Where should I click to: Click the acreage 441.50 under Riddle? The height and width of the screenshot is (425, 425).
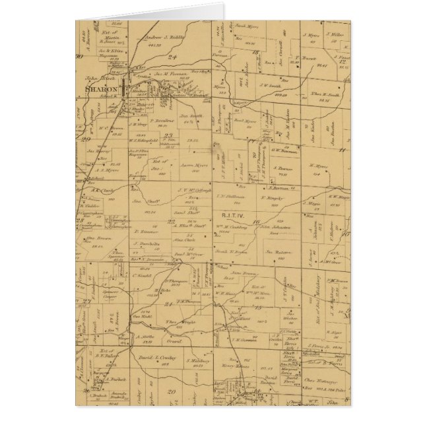click(156, 46)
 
